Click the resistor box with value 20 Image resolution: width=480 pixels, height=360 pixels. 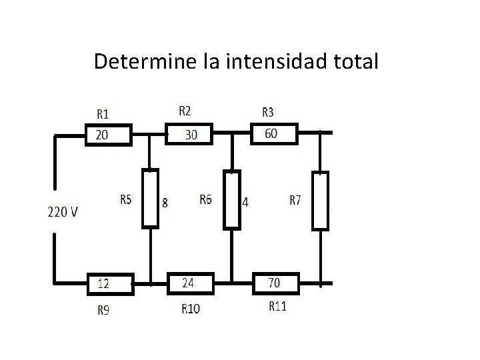pos(110,135)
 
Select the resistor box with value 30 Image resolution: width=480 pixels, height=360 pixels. pos(189,135)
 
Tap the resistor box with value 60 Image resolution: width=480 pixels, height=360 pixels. pos(273,133)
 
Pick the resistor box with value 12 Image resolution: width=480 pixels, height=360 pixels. pos(111,284)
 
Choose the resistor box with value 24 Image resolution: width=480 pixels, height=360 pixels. pos(191,283)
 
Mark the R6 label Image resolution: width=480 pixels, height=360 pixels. pos(206,199)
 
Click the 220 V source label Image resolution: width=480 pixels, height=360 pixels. pos(62,212)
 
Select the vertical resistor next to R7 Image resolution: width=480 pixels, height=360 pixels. pos(321,200)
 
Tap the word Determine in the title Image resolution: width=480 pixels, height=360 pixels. pos(145,62)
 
